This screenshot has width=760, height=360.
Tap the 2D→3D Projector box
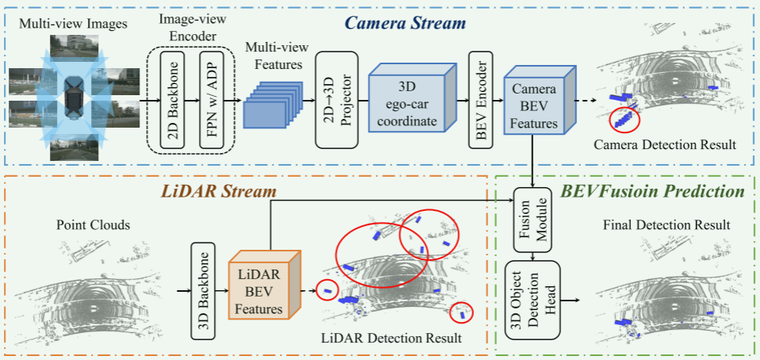click(x=333, y=100)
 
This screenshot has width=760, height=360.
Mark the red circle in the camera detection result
click(x=624, y=120)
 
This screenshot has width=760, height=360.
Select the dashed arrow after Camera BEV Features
click(x=585, y=100)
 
